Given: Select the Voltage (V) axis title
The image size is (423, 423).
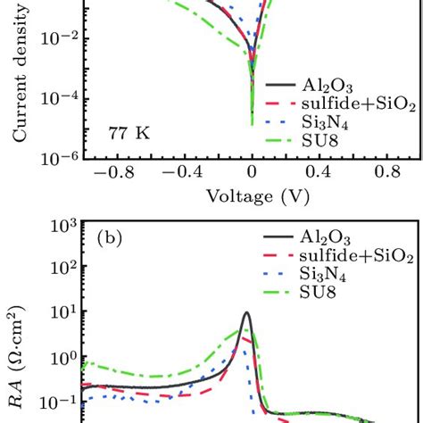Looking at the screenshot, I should pos(252,195).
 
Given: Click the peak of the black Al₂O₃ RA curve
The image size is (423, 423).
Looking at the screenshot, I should pos(247,314).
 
